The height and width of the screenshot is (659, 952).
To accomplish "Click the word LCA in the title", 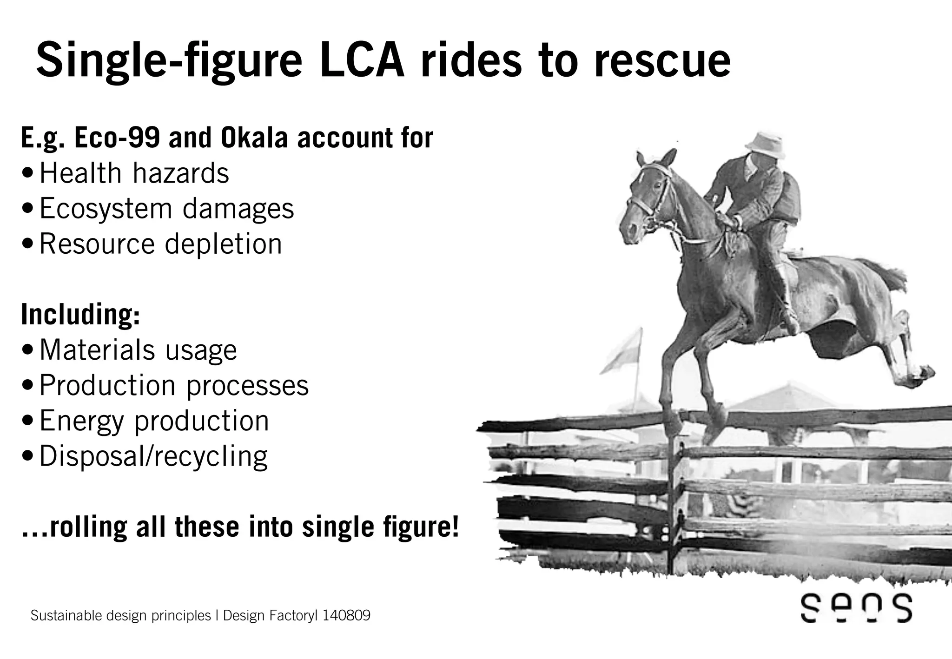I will (362, 60).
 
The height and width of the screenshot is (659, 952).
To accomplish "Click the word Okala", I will (254, 138).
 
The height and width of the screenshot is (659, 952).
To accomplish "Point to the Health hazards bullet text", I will (134, 173).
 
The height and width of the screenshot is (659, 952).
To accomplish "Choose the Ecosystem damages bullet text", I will (166, 209).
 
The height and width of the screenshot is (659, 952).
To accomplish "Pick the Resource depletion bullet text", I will (160, 244).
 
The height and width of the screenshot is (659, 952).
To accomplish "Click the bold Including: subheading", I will (80, 315).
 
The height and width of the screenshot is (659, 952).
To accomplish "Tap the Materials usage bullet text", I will (138, 350).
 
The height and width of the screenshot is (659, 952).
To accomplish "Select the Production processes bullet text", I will (174, 385).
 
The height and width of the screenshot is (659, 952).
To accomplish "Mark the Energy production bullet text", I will (154, 421).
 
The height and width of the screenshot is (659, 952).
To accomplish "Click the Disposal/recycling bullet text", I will (153, 456).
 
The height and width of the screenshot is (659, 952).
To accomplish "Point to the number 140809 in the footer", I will (346, 616).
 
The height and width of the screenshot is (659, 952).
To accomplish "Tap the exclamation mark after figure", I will (455, 527).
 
